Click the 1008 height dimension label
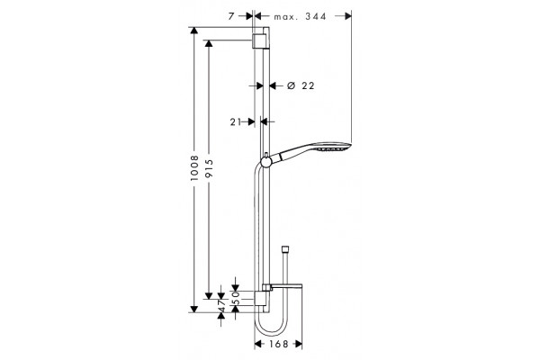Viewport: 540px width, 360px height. (195, 168)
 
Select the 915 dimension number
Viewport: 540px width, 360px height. (209, 168)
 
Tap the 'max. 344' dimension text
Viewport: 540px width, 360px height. (300, 16)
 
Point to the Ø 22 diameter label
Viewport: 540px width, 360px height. (301, 85)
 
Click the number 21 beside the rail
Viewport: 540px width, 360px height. (236, 121)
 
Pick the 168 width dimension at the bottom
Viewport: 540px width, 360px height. (279, 344)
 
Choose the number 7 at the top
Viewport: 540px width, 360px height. (231, 16)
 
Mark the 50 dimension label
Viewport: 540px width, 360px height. (236, 298)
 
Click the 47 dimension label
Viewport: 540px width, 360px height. (221, 306)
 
